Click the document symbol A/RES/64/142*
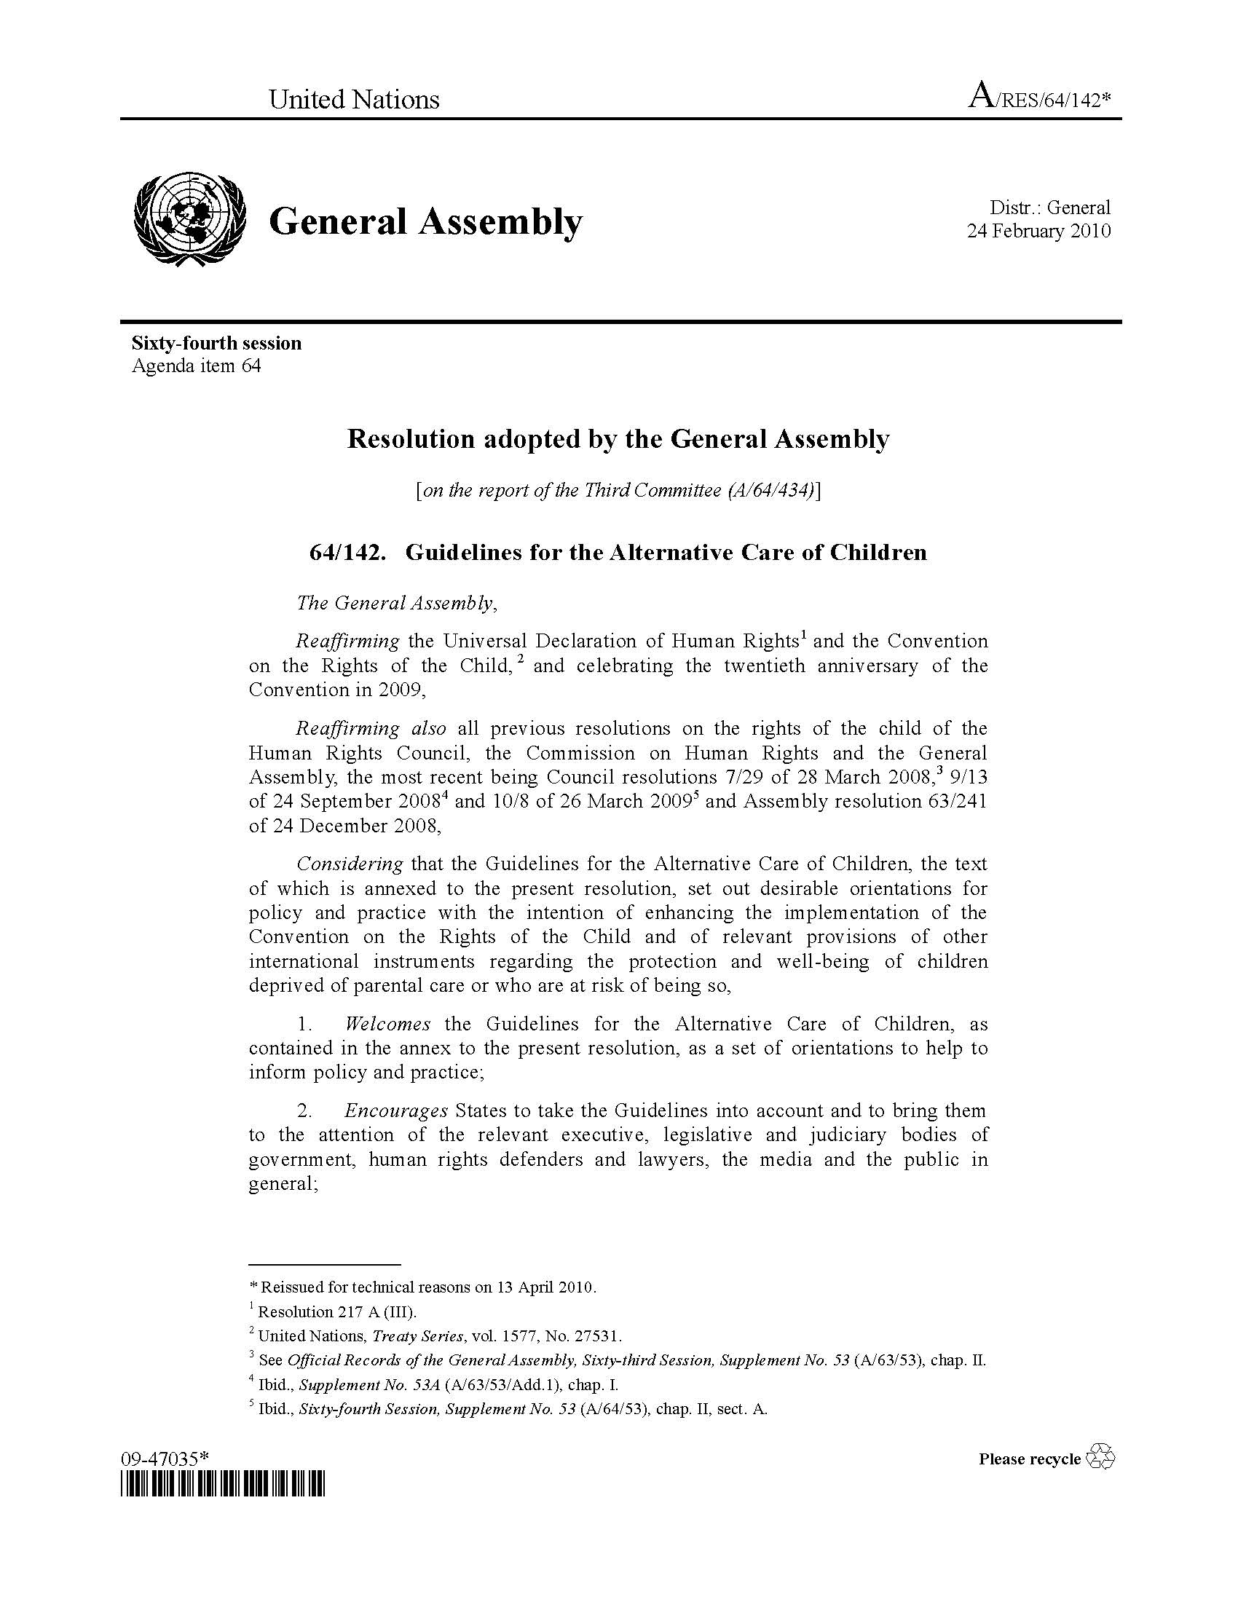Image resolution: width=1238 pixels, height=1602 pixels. click(1039, 98)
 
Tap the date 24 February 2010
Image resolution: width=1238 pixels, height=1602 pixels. click(1038, 231)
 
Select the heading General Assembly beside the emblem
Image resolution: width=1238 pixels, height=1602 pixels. click(425, 221)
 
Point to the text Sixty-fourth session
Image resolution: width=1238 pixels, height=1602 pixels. click(216, 343)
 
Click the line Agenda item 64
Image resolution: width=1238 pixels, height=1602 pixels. click(196, 366)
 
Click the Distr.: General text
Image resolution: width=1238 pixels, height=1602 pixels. click(1049, 208)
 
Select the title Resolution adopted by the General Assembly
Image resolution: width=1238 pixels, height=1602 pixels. click(618, 438)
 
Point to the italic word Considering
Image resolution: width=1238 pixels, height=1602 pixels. click(350, 864)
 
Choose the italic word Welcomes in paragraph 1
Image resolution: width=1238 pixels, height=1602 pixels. click(387, 1023)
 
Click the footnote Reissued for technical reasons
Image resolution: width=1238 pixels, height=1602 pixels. click(428, 1287)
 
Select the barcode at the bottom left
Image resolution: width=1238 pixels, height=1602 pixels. click(222, 1485)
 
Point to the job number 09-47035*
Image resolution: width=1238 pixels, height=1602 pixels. click(165, 1459)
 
